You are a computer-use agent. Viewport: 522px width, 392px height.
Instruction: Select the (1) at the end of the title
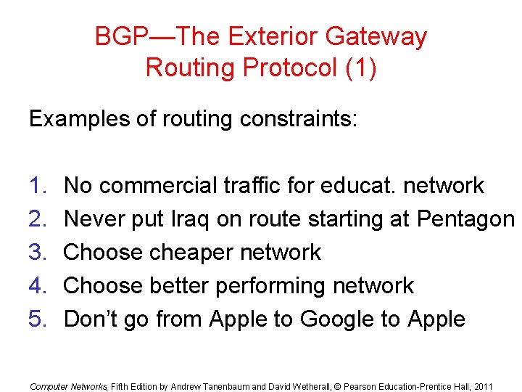click(x=360, y=68)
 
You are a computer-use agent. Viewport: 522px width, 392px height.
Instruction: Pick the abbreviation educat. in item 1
click(x=355, y=186)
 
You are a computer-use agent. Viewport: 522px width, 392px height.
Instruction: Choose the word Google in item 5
click(x=341, y=319)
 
